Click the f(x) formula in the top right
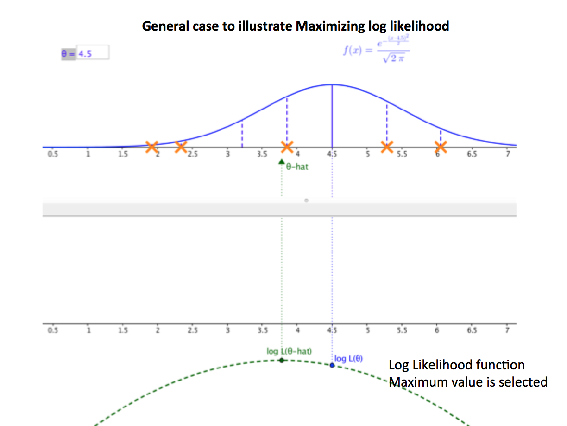376,51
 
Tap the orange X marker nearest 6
441,147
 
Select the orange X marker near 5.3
387,147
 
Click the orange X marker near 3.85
287,147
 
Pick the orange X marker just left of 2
151,147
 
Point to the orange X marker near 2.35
181,147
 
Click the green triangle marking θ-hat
281,161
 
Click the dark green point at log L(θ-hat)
281,360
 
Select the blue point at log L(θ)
332,365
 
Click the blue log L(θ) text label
349,359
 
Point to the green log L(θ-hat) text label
289,351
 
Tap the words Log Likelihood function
456,365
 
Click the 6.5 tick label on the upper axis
472,155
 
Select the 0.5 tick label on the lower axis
53,330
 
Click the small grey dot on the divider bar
306,200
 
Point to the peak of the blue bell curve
332,85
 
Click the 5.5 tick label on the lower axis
402,330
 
